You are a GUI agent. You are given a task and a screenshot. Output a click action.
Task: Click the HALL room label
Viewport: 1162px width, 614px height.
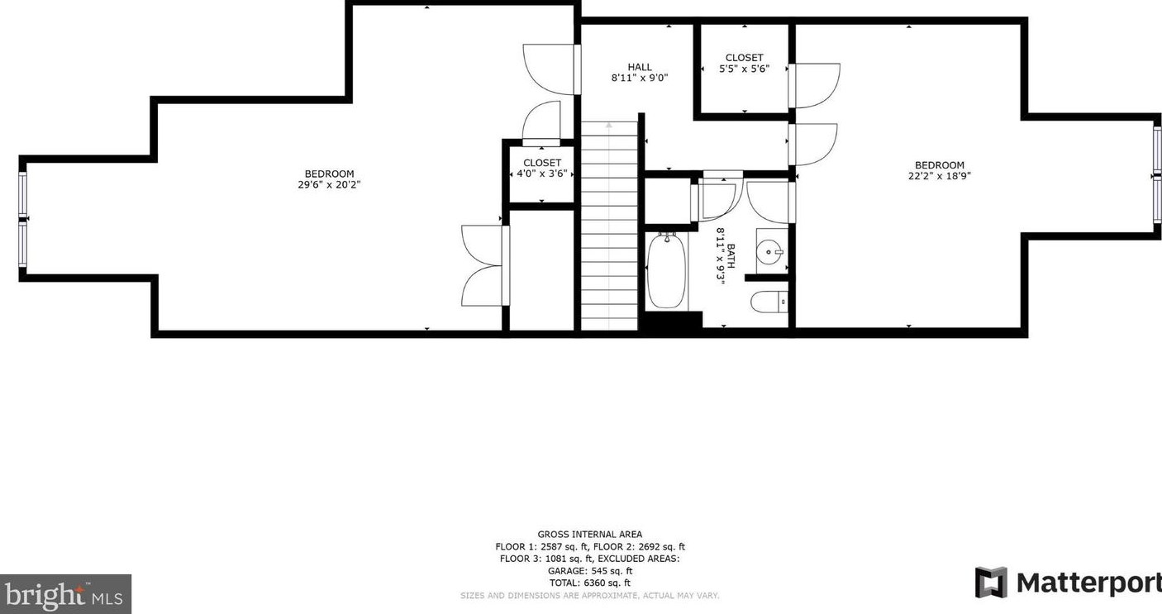tap(639, 68)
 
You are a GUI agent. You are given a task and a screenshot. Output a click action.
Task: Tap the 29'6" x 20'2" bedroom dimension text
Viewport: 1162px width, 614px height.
tap(329, 185)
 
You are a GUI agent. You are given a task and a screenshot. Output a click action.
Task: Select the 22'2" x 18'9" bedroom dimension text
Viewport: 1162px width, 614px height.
tap(939, 176)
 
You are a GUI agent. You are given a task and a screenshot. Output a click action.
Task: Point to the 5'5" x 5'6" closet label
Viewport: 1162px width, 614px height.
tap(744, 69)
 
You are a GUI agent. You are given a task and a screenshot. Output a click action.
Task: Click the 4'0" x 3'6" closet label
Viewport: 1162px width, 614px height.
tap(542, 174)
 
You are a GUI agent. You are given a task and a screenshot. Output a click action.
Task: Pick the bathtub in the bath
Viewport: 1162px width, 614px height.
tap(666, 271)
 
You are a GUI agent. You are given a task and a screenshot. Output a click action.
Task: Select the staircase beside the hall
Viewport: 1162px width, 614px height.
tap(610, 231)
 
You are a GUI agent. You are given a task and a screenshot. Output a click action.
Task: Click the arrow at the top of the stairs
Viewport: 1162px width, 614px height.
tap(610, 126)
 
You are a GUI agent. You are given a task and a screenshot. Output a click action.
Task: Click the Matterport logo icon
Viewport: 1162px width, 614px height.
tap(991, 583)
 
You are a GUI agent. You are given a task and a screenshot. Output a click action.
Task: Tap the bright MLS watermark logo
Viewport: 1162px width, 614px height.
tap(65, 594)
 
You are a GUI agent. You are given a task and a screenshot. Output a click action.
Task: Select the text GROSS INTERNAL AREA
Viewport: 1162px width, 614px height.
tap(589, 535)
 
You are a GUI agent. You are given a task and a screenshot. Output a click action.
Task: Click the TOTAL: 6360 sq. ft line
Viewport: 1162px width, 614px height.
tap(589, 583)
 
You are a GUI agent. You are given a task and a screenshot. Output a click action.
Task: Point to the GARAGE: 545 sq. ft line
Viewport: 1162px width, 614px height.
tap(589, 571)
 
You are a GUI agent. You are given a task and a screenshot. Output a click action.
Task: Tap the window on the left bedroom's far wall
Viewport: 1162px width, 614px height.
tap(22, 219)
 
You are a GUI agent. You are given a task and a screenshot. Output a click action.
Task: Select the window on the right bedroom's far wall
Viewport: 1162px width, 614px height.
tap(1157, 176)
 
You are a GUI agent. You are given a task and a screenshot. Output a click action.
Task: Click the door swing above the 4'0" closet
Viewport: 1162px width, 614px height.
tap(542, 122)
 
